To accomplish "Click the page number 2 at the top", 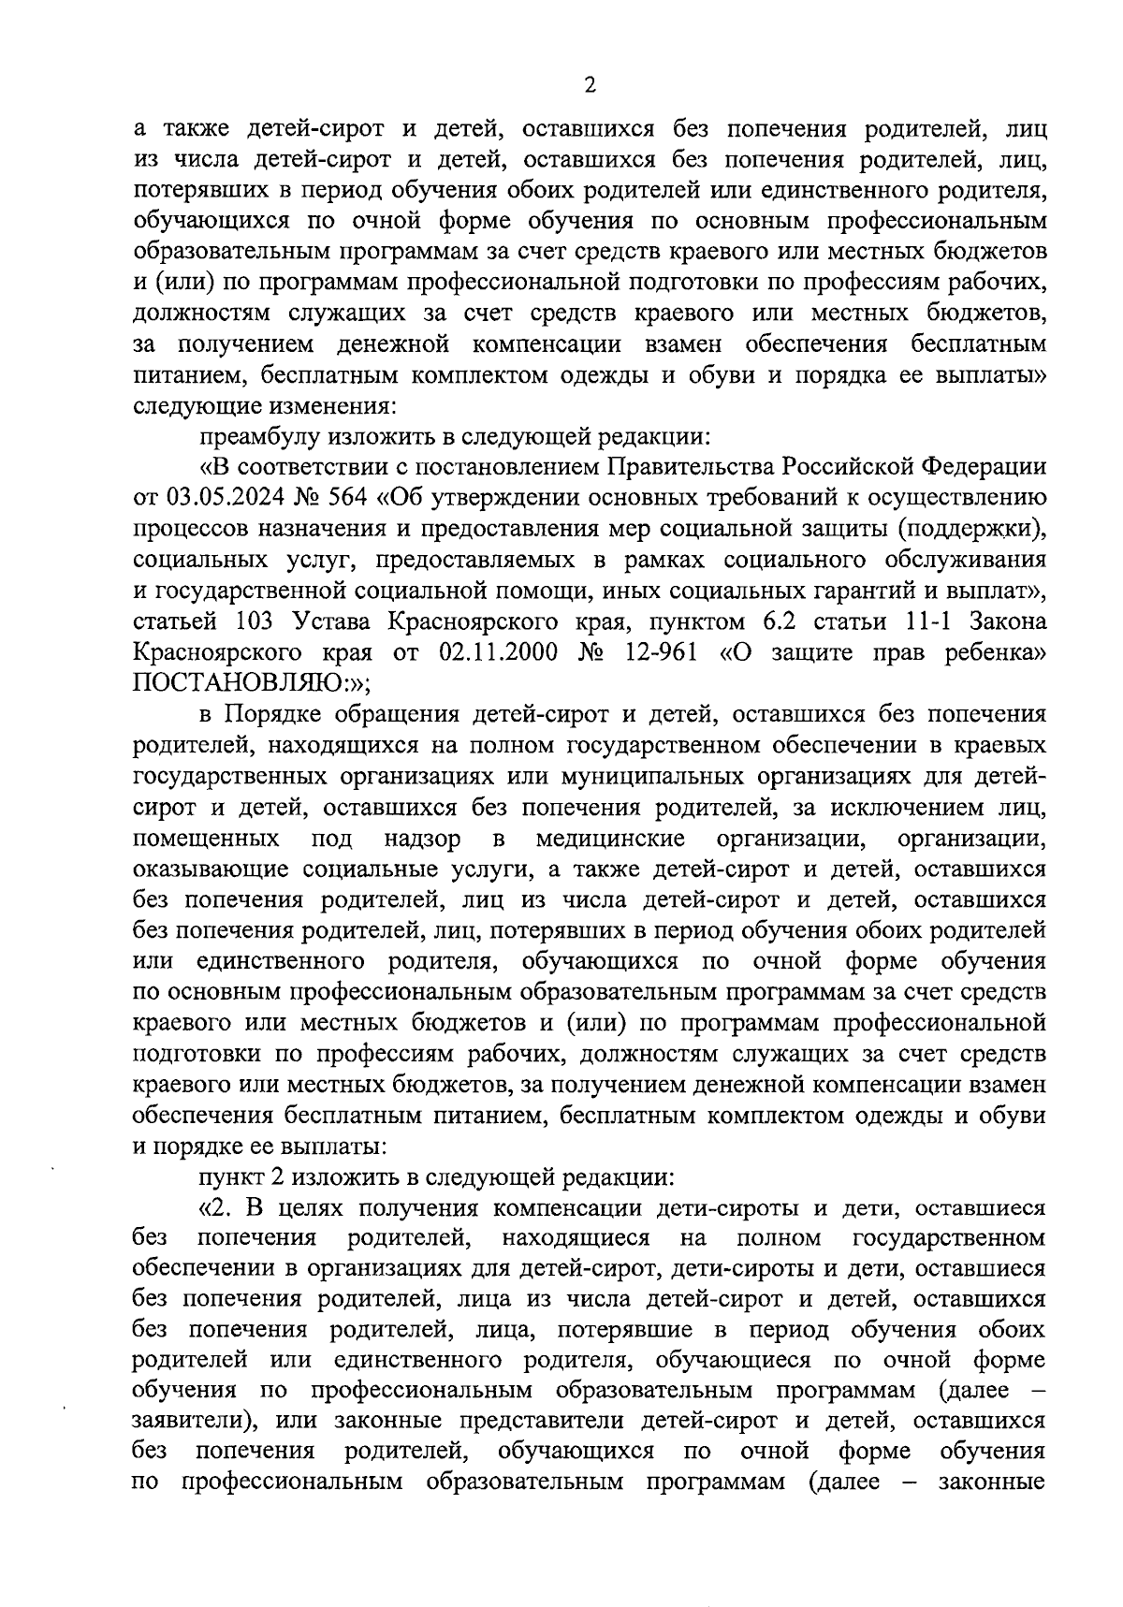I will pyautogui.click(x=589, y=85).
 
